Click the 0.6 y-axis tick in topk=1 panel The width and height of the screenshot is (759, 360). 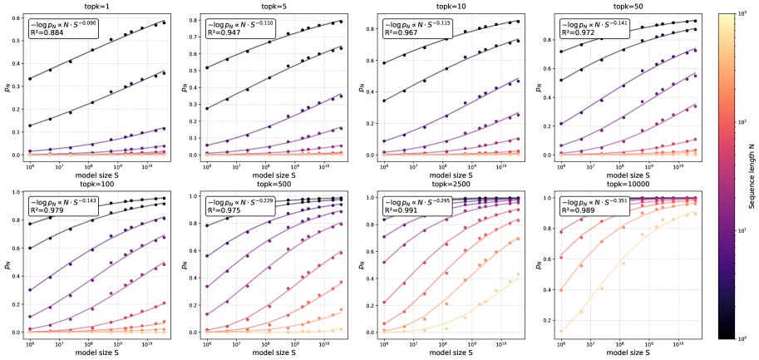coord(18,17)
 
